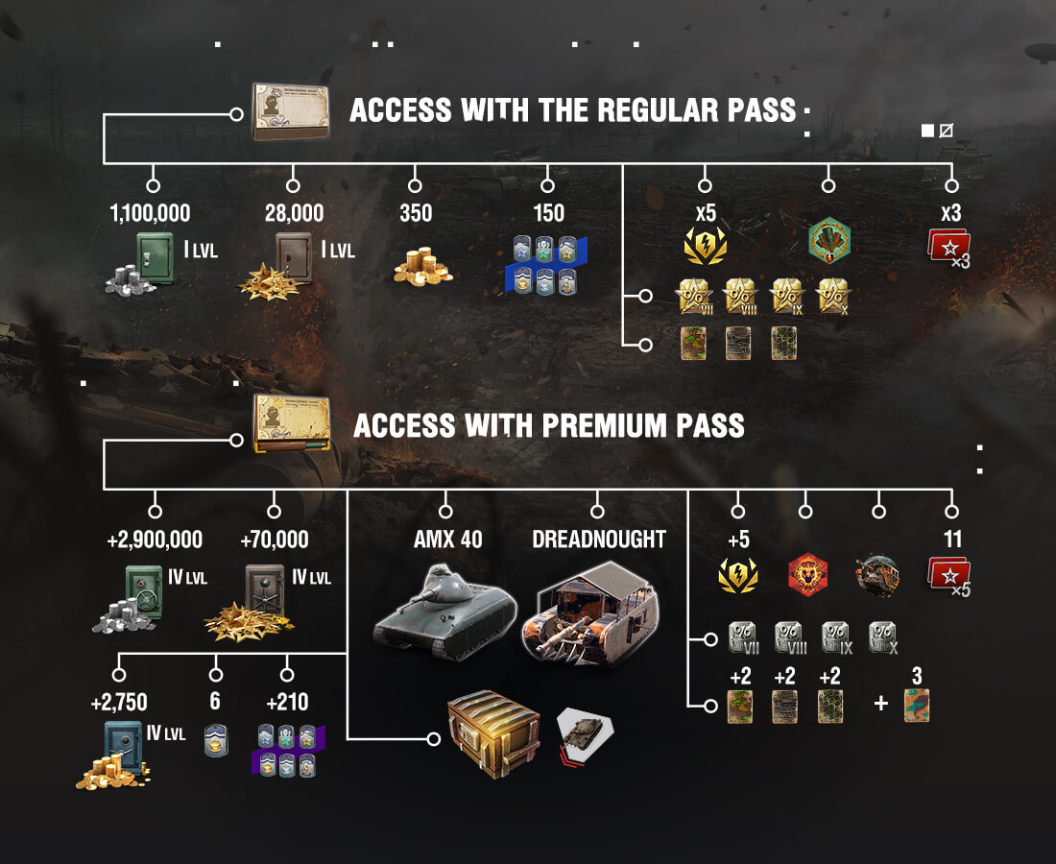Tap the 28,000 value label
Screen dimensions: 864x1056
[294, 213]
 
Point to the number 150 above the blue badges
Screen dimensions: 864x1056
[548, 213]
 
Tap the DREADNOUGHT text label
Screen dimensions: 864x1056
[599, 540]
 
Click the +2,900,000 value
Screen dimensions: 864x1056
[155, 540]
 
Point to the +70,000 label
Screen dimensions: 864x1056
[275, 540]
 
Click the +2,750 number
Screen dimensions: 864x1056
[119, 702]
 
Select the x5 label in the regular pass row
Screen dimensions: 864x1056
[706, 214]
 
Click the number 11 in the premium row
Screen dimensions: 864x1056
[952, 540]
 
